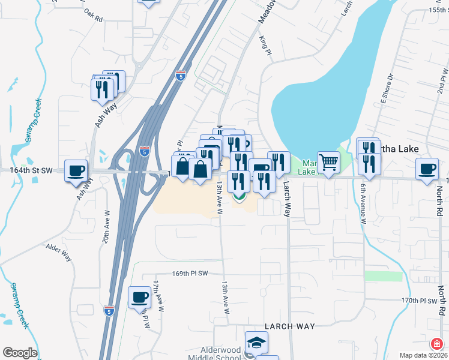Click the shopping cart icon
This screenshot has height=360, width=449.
coord(328,162)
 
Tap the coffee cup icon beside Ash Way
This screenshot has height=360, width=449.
coord(76,170)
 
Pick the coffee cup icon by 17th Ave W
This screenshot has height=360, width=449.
coord(139,297)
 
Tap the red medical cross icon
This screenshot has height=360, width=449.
coord(437,344)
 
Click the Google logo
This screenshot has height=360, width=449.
coord(19,353)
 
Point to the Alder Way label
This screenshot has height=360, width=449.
coord(59,252)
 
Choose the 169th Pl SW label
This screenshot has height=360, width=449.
coord(190,273)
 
